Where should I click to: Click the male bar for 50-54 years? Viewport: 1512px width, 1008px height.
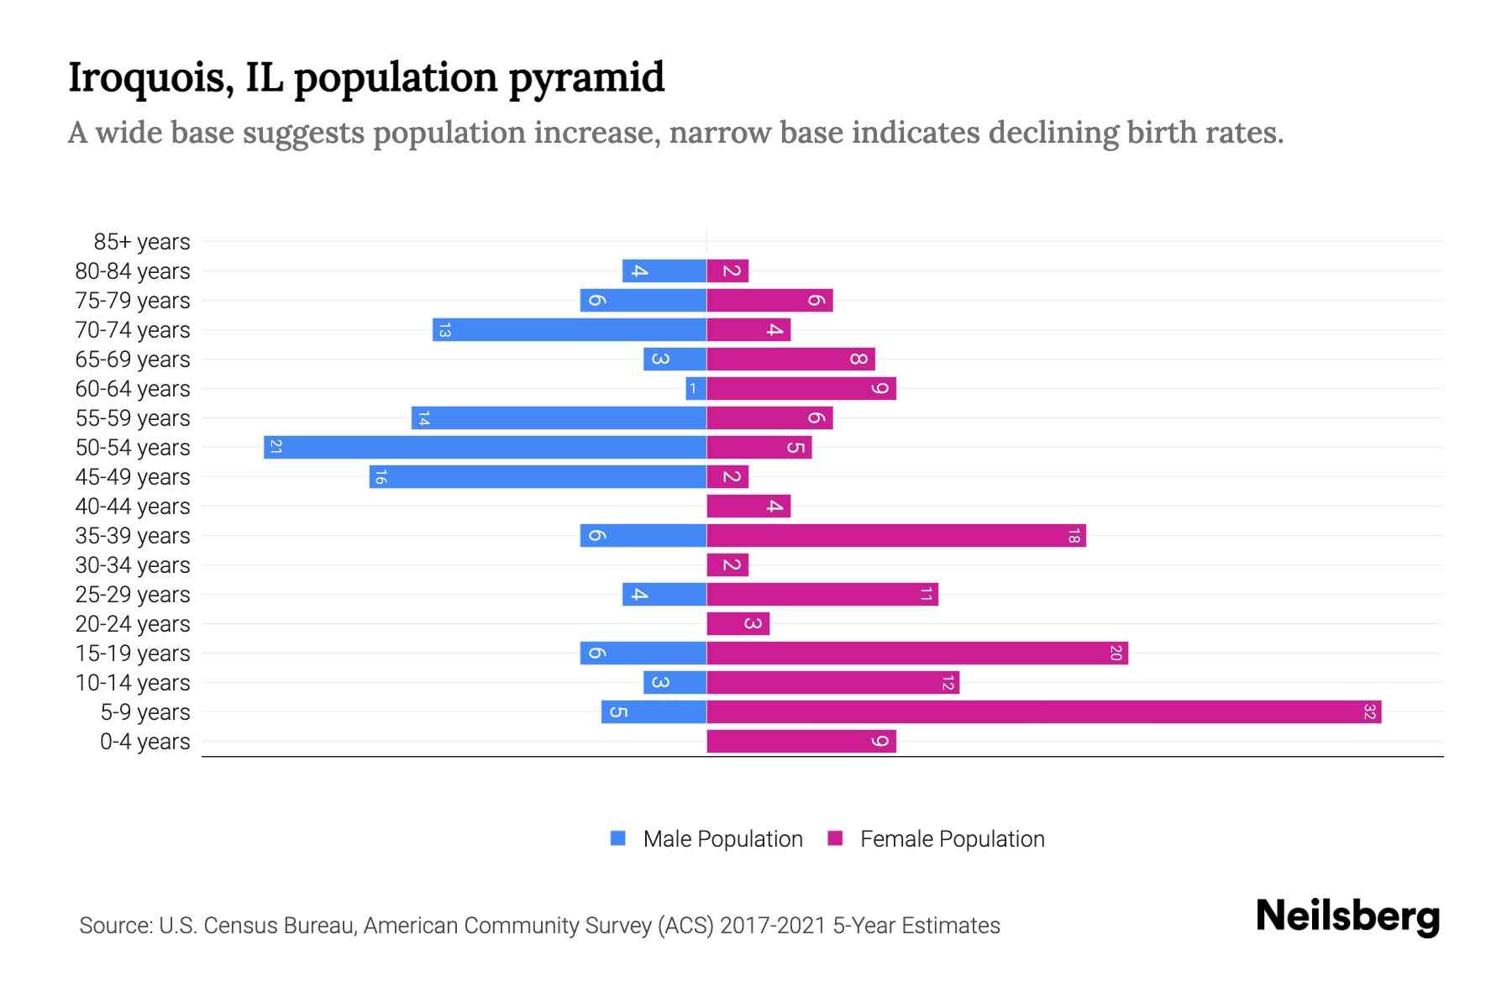485,447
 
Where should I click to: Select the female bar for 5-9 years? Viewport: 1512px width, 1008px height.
1043,712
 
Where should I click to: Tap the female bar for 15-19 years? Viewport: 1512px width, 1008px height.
916,654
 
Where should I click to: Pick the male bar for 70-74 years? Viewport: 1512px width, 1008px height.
569,330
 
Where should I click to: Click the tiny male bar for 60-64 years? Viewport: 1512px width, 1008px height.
696,389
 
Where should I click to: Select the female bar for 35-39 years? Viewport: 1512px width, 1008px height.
895,536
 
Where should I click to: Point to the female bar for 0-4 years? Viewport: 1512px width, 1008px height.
801,742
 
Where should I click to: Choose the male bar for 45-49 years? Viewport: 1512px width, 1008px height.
538,477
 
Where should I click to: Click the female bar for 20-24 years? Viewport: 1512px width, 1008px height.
738,624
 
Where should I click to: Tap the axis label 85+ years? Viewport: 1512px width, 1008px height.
142,242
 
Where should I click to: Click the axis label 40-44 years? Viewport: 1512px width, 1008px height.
133,507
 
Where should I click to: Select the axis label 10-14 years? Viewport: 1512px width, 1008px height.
133,683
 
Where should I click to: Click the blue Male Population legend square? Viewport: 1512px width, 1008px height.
618,838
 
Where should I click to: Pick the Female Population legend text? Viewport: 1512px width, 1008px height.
952,839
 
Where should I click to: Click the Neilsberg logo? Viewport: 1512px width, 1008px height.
1347,916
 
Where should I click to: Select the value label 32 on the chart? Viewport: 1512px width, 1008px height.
1369,712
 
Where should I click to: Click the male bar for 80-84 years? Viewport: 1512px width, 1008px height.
664,271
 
